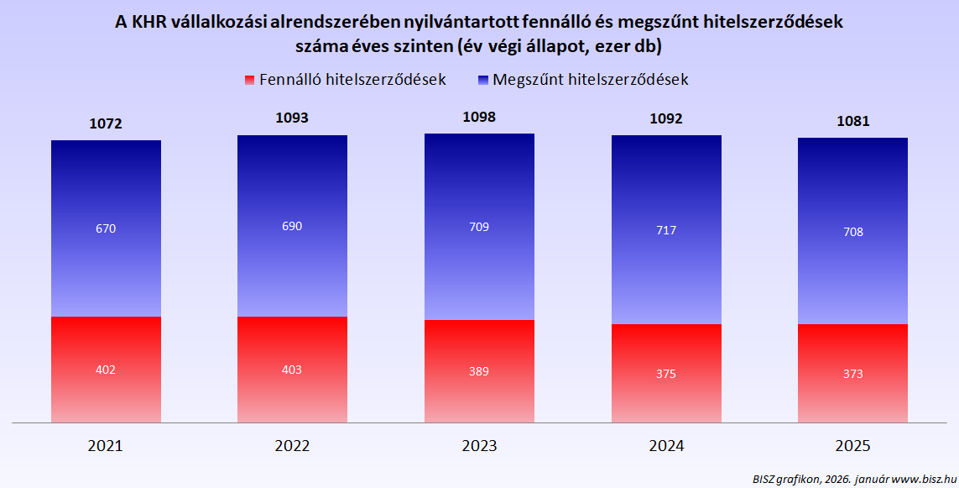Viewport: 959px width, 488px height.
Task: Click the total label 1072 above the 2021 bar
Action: [106, 123]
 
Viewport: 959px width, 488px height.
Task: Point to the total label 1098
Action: [479, 117]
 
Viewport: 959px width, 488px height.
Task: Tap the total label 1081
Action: [852, 121]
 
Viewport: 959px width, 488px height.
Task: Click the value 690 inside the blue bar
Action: [292, 226]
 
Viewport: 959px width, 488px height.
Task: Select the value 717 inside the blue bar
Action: [666, 230]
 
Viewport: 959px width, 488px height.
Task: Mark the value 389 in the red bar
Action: [479, 371]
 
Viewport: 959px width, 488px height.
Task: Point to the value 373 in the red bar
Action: [852, 374]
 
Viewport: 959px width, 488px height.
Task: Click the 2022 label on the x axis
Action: [292, 446]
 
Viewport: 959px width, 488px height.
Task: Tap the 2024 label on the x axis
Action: [666, 446]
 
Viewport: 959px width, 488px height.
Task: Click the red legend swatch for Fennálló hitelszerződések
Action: [249, 80]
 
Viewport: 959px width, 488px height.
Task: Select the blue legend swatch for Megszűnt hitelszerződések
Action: [482, 80]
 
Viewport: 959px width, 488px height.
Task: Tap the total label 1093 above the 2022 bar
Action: [292, 118]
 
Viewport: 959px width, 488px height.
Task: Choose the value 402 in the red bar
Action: [106, 370]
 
